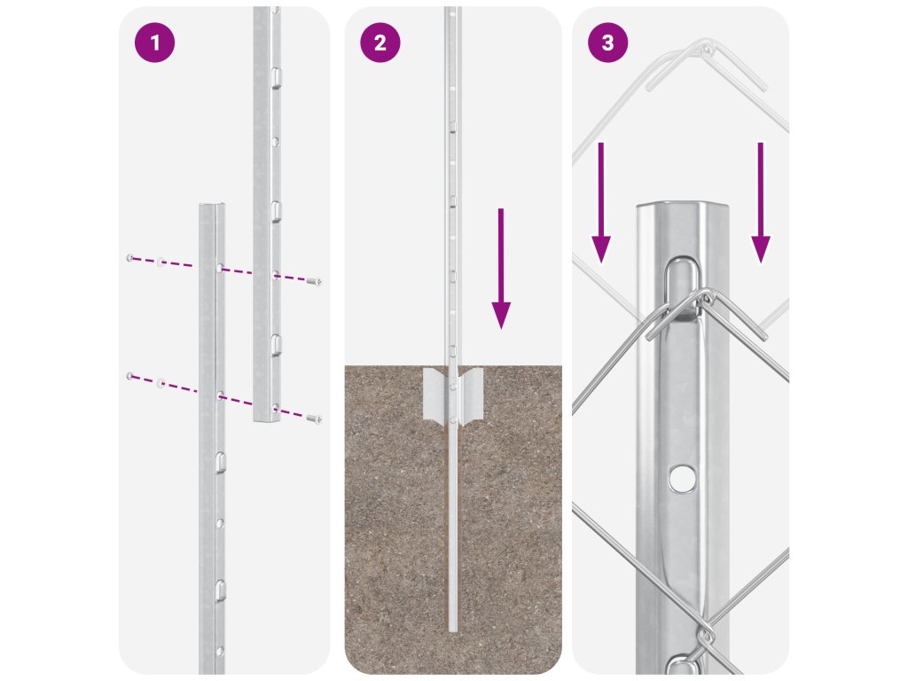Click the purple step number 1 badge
point(154,43)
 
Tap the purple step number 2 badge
point(380,43)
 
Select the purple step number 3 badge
point(607,43)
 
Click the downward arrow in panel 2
point(501,269)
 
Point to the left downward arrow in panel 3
point(601,203)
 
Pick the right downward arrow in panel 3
point(760,203)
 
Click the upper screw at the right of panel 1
point(315,282)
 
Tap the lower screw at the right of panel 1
point(315,419)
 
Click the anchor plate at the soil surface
point(453,394)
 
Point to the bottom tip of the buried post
point(453,630)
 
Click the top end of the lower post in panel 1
point(212,205)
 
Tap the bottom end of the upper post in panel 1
point(267,419)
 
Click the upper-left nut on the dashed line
point(130,258)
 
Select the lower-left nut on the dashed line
point(130,376)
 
